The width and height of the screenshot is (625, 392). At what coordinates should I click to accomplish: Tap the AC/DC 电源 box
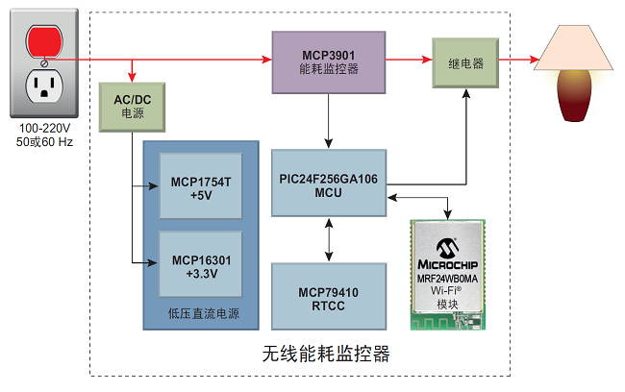pyautogui.click(x=132, y=107)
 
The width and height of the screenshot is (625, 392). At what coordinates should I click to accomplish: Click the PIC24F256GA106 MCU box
pyautogui.click(x=329, y=183)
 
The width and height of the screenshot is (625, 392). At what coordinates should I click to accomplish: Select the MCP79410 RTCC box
pyautogui.click(x=329, y=298)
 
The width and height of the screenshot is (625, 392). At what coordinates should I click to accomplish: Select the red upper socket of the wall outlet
pyautogui.click(x=44, y=40)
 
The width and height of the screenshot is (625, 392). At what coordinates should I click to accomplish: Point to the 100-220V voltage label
pyautogui.click(x=44, y=129)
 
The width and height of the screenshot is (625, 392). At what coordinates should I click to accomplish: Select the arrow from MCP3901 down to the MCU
pyautogui.click(x=329, y=121)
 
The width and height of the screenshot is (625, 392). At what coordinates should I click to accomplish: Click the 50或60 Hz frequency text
pyautogui.click(x=44, y=142)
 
